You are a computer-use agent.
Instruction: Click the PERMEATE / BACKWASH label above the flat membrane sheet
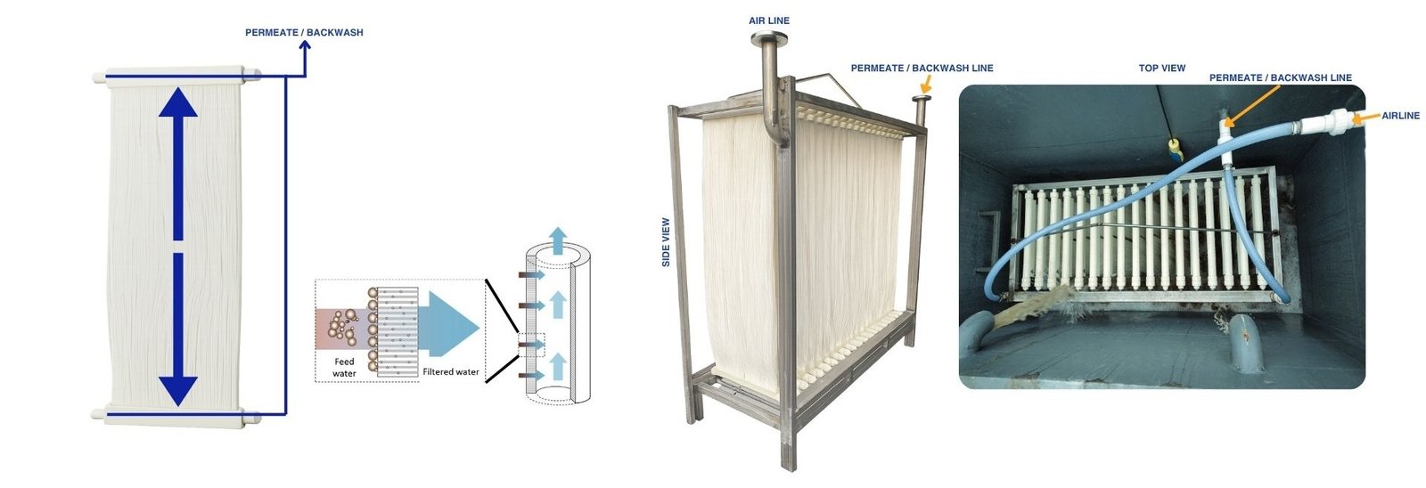pos(304,33)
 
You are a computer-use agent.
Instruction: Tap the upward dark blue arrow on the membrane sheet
pos(178,160)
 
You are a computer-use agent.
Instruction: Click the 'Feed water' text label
pos(344,367)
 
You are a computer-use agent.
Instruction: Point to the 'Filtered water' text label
pos(450,372)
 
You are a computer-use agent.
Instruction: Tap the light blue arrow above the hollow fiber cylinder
pos(557,239)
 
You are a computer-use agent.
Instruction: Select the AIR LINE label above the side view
pos(768,20)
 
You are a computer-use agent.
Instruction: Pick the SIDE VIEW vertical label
pos(666,242)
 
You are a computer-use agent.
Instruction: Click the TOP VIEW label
pos(1161,68)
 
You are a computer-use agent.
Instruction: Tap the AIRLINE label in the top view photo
pos(1400,116)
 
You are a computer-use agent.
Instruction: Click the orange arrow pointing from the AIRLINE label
pos(1365,117)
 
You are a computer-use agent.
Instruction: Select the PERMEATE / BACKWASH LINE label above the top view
pos(1280,78)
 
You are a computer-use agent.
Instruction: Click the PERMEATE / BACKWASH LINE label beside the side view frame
pos(922,68)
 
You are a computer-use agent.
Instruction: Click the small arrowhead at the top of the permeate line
pos(304,48)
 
